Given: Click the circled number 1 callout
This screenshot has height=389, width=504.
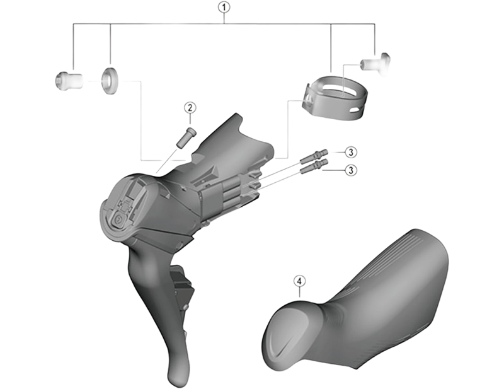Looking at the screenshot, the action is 224,8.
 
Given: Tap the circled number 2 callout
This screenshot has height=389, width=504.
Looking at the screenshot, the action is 190,108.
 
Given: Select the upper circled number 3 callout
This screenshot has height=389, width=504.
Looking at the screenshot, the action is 351,152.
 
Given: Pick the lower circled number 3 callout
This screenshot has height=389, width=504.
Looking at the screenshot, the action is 351,170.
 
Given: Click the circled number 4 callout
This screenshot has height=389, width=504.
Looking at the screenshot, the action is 299,281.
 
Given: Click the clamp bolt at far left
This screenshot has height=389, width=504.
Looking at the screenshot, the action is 68,80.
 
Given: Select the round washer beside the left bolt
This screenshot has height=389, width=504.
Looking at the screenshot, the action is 109,81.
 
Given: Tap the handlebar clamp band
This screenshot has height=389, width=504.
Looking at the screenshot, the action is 335,98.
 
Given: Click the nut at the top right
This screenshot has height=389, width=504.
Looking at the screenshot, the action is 375,64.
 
